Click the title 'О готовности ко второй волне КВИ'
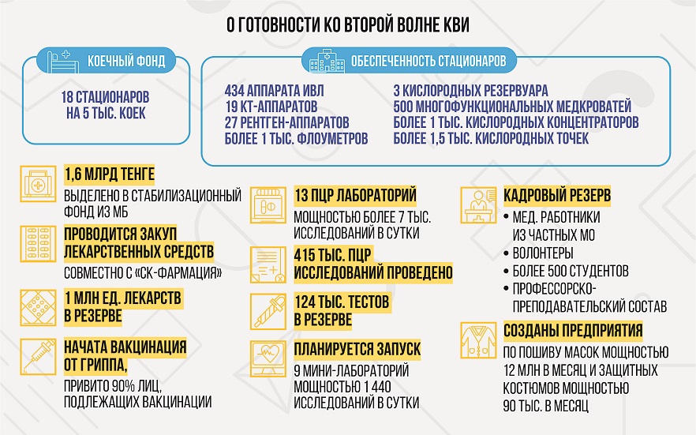(x=347, y=24)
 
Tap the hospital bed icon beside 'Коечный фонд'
(x=62, y=60)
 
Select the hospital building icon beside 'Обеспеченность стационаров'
(x=327, y=60)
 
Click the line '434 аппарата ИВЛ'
(x=274, y=91)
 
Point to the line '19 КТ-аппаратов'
(x=271, y=107)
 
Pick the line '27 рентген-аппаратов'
(x=286, y=122)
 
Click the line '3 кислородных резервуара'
(x=470, y=91)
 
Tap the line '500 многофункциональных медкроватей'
(x=512, y=107)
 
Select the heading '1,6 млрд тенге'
(x=109, y=174)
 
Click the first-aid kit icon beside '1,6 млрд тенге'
(x=38, y=184)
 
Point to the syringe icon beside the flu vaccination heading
(x=38, y=356)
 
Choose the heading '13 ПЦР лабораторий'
(x=355, y=195)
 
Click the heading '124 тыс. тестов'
(x=342, y=302)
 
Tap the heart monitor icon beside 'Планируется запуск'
(x=268, y=358)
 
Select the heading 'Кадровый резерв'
(x=557, y=195)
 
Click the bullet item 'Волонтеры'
(x=543, y=253)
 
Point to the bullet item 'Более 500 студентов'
(x=571, y=271)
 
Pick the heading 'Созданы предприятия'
(x=573, y=331)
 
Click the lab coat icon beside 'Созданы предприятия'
(x=478, y=340)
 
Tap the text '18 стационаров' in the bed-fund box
(x=105, y=97)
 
